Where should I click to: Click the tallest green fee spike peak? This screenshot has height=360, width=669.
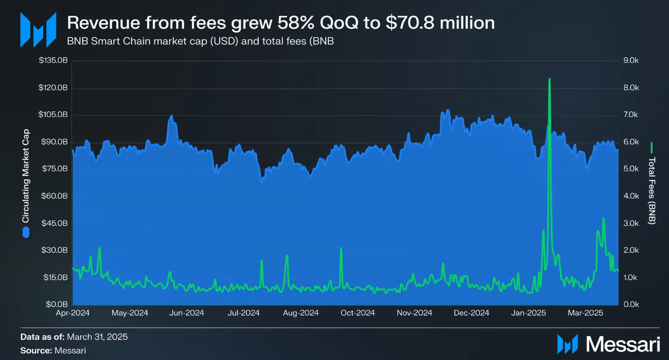549,79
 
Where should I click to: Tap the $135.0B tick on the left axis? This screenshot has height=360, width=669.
53,60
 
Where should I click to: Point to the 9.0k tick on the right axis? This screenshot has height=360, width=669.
634,60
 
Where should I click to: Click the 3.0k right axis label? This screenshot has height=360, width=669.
634,223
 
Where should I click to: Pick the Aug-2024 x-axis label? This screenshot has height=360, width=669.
301,313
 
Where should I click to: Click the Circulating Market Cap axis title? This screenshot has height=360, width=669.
26,176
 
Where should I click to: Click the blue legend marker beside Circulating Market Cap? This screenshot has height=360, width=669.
26,232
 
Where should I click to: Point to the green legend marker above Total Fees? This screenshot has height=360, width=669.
652,147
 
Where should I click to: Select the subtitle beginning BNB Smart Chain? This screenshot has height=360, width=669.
200,42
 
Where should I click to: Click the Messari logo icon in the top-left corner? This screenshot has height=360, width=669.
38,30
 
